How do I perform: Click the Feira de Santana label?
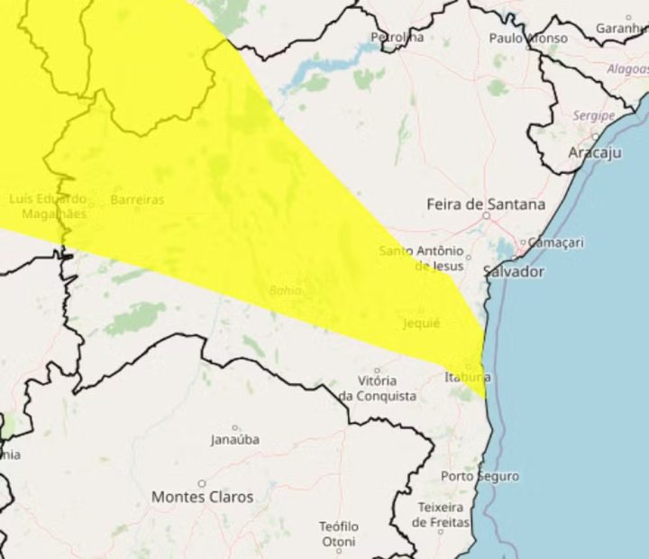point(485,205)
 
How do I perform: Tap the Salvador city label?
point(514,271)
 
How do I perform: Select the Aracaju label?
point(595,152)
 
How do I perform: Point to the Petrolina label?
point(397,37)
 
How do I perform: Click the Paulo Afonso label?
point(528,38)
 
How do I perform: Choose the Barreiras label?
point(137,199)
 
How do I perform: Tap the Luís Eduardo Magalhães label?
point(48,206)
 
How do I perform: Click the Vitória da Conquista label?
point(377,389)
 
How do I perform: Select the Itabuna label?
point(468,376)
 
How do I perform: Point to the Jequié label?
point(422,323)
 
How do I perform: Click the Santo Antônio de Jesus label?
point(422,258)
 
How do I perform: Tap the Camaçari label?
point(555,243)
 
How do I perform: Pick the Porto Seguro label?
point(480,475)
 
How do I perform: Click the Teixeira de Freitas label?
point(441,515)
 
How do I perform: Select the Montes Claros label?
point(202,497)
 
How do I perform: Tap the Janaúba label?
point(234,440)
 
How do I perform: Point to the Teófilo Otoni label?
point(339,534)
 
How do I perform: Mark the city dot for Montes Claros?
point(202,483)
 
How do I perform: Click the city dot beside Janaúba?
point(235,428)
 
